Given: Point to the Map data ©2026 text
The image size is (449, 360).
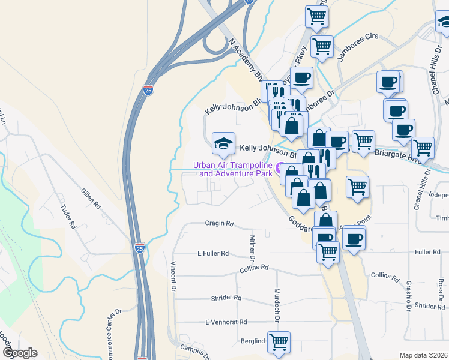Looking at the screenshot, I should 424,355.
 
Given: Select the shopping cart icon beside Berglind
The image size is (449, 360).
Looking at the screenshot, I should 279,343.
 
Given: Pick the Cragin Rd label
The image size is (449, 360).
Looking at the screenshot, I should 218,223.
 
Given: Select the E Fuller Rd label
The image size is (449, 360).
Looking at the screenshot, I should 213,253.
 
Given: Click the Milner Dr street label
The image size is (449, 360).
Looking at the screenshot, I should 253,248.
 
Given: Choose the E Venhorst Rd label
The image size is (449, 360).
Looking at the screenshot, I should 226,322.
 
